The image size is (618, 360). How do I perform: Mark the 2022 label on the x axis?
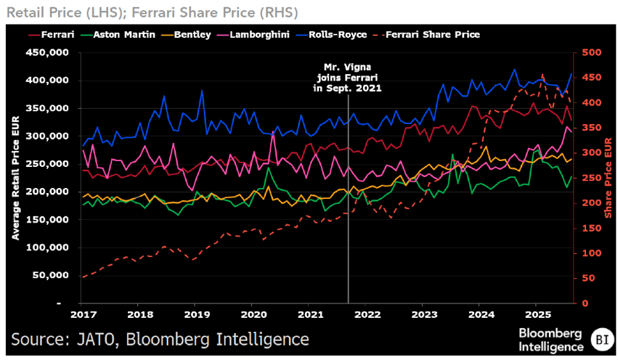[367, 314]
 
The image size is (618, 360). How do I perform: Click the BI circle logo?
[601, 337]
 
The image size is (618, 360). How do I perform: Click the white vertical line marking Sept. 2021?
[348, 218]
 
